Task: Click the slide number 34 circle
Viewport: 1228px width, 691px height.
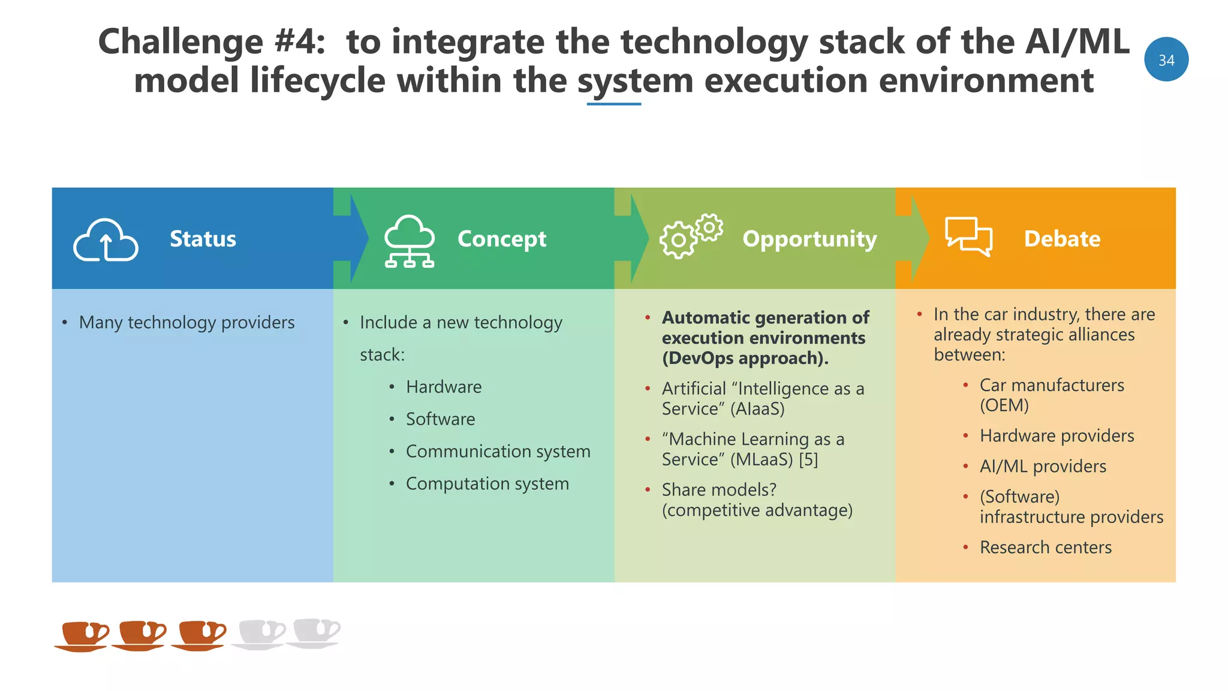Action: (x=1166, y=59)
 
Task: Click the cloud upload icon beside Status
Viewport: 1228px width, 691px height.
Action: (x=106, y=240)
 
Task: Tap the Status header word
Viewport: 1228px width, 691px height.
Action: (x=203, y=239)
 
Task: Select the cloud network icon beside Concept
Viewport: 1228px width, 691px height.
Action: (x=410, y=241)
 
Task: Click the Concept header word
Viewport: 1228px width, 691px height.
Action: (x=501, y=239)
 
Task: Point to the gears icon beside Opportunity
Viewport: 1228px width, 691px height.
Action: (x=691, y=236)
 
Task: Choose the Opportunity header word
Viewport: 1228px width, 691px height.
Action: (x=809, y=239)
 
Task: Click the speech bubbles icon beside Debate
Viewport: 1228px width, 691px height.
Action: (x=968, y=236)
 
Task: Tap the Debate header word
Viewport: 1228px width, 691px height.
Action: (x=1062, y=239)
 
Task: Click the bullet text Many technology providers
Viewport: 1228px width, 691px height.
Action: (x=186, y=323)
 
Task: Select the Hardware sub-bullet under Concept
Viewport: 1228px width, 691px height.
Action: (x=443, y=387)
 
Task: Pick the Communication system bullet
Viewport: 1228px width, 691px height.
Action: (x=498, y=451)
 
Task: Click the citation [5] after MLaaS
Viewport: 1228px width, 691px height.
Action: (x=808, y=459)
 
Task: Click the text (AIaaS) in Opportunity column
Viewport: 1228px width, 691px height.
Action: (x=757, y=409)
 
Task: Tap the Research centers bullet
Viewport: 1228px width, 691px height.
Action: (x=1045, y=548)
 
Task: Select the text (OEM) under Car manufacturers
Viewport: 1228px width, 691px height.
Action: (x=1004, y=405)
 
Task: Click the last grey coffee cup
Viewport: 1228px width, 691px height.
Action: (x=314, y=633)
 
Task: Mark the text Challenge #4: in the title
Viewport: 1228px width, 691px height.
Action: (x=212, y=42)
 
